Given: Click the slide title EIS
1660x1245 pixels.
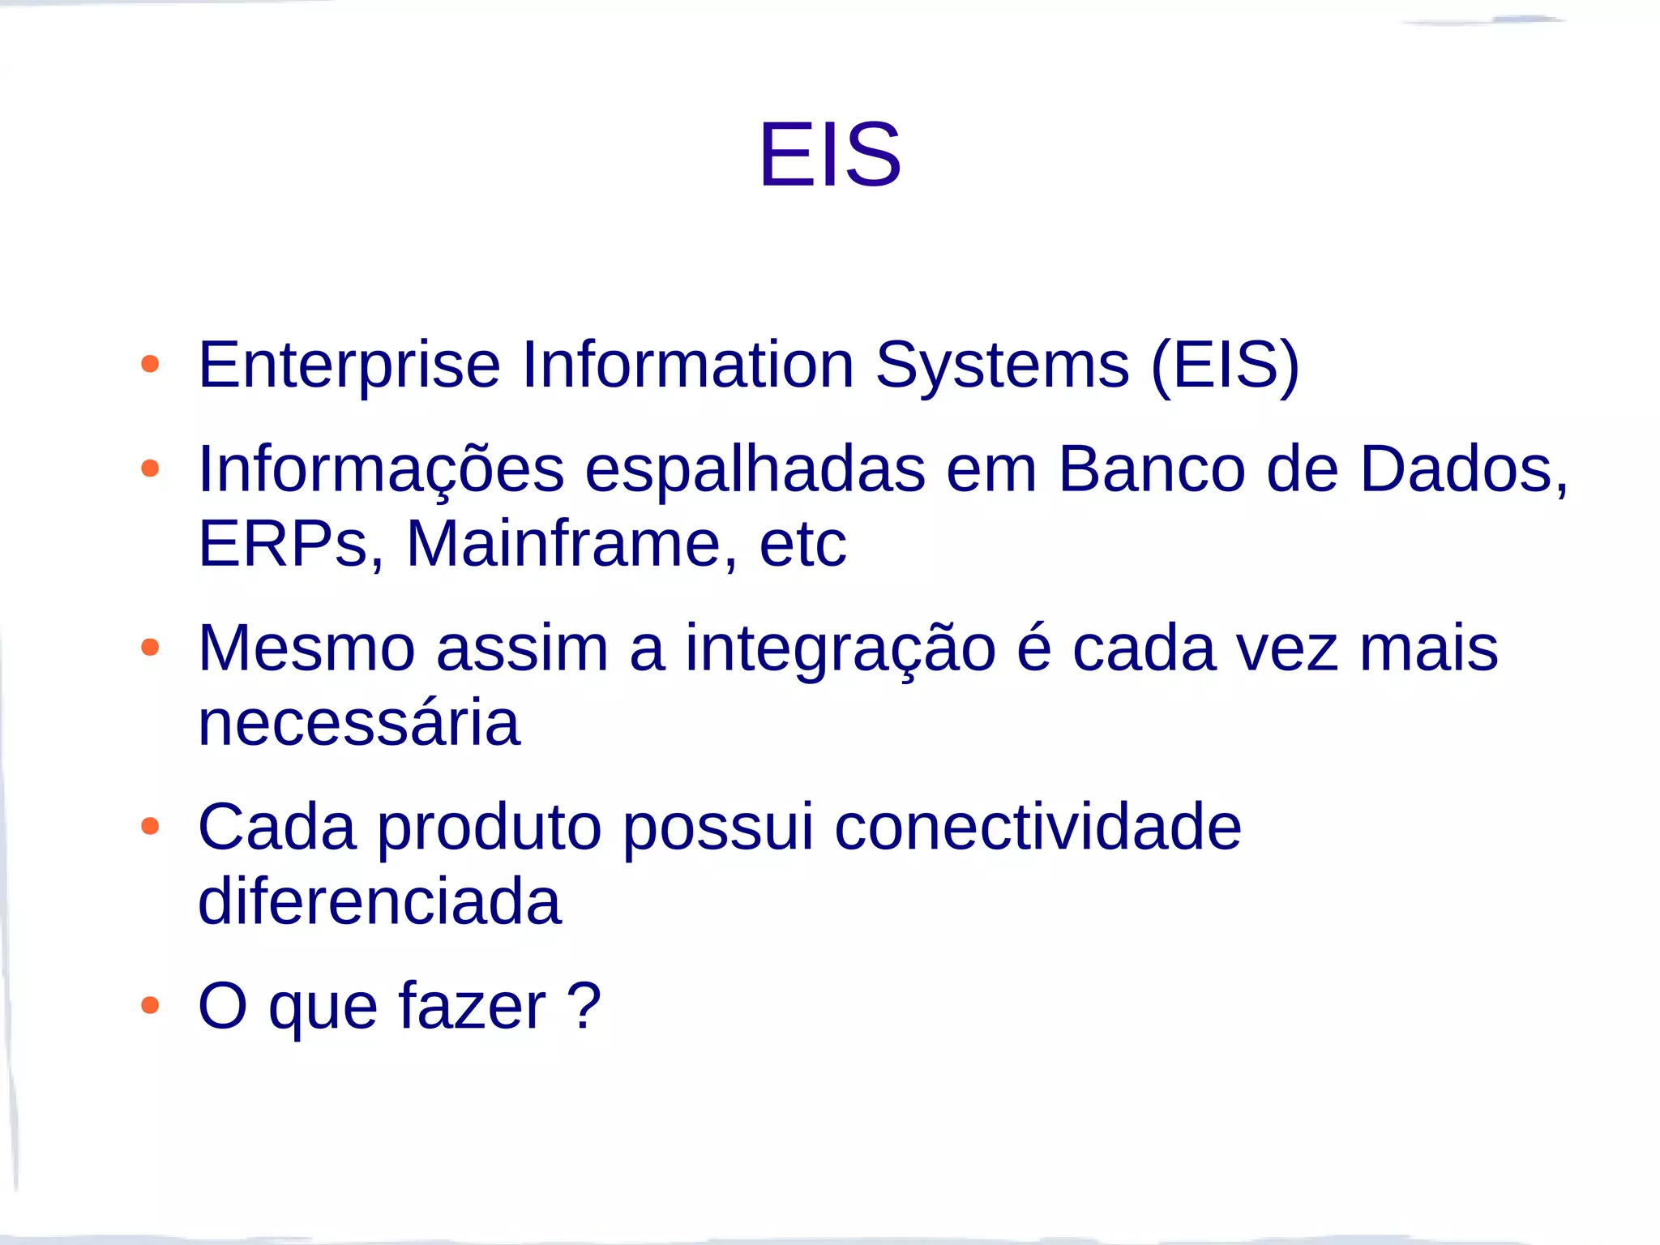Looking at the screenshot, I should [x=829, y=154].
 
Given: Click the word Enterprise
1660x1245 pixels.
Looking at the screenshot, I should [x=349, y=365].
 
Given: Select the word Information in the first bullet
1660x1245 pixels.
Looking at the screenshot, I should [x=687, y=365].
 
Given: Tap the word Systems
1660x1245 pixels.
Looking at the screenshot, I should [x=1002, y=365].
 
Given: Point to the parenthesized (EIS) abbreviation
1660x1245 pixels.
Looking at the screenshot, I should [x=1225, y=365].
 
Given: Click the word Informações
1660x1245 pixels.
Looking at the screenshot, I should [x=381, y=470].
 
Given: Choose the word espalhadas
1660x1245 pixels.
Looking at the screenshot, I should [x=755, y=470].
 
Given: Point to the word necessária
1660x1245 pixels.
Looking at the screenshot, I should [x=359, y=723].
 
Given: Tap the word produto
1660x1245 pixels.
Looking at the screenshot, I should [x=490, y=828].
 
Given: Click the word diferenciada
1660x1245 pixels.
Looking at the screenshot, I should [x=379, y=901].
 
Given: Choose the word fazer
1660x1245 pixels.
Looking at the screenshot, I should [x=472, y=1007].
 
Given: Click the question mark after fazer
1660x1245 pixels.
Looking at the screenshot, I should [x=584, y=1005].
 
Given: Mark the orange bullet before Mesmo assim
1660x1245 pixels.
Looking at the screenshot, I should [x=150, y=648].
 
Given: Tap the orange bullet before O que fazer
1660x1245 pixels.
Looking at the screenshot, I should [x=150, y=1006].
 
